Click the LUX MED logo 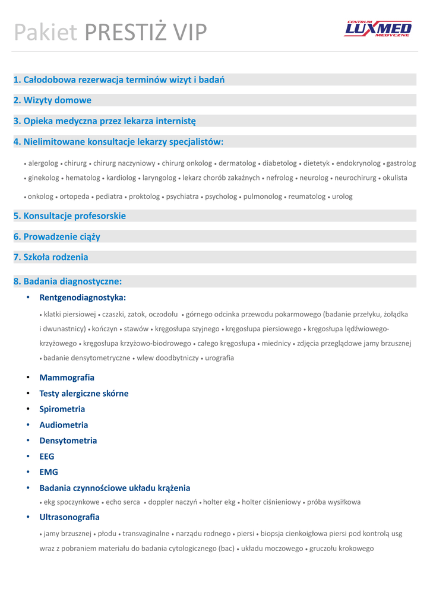tap(378, 28)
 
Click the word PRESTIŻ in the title tap(128, 33)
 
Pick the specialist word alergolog tap(43, 163)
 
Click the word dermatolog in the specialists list tap(238, 163)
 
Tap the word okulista tap(395, 178)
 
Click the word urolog tap(342, 197)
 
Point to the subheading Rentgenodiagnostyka tap(83, 297)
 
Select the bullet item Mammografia tap(67, 378)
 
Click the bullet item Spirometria tap(62, 409)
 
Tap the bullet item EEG tap(47, 457)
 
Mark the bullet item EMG tap(49, 472)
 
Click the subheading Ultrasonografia tap(69, 517)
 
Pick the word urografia tap(220, 358)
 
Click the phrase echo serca tap(123, 502)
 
